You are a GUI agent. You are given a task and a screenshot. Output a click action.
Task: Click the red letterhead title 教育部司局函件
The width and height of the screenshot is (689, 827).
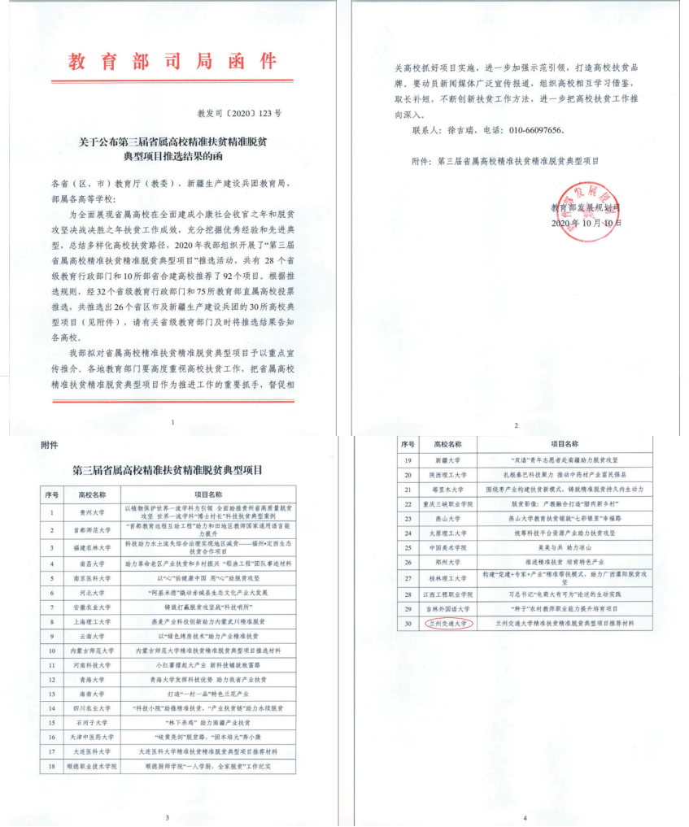click(x=172, y=61)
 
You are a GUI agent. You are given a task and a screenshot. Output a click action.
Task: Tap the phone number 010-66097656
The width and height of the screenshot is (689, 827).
click(x=530, y=129)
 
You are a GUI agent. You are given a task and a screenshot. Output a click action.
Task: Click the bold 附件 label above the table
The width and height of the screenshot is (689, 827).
click(x=50, y=445)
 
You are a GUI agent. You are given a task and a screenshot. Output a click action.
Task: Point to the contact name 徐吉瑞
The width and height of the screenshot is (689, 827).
click(x=464, y=129)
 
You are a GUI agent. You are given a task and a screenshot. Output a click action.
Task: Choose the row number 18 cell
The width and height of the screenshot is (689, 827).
click(x=52, y=766)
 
